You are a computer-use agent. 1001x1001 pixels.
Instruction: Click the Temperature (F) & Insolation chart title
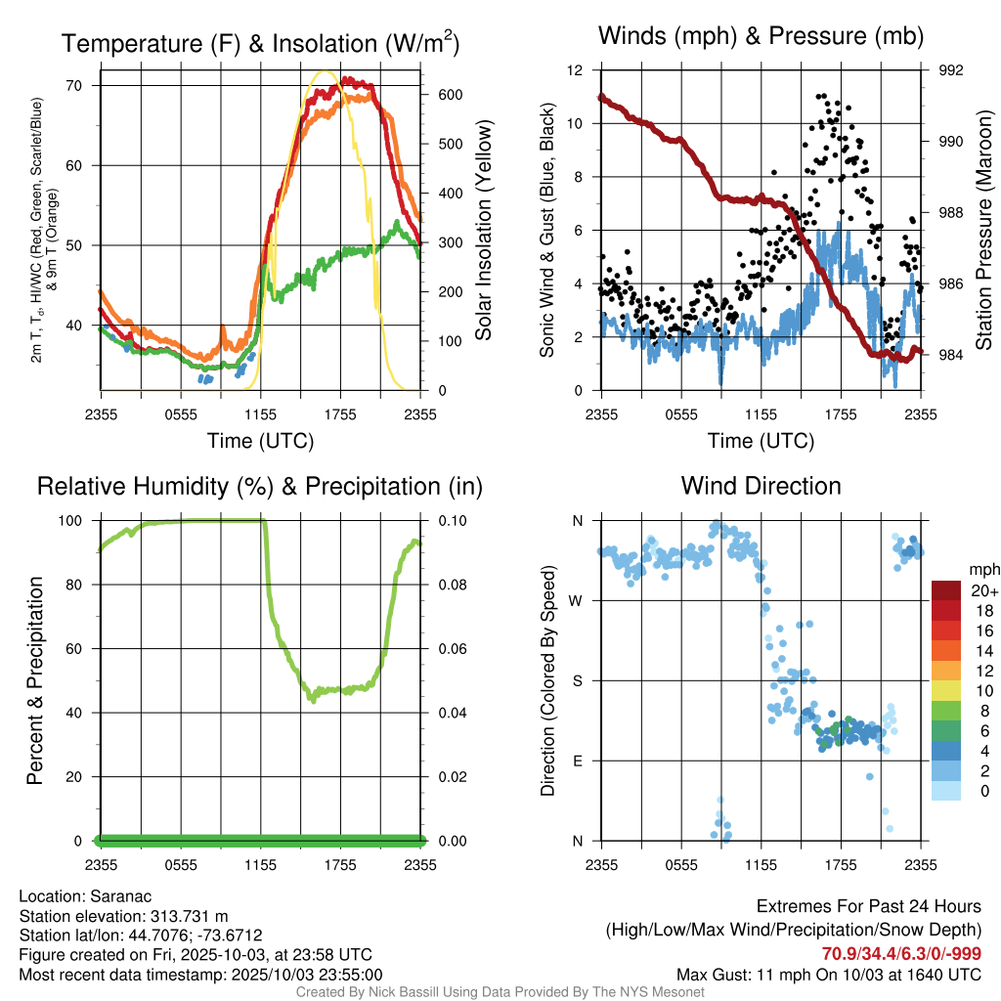260,43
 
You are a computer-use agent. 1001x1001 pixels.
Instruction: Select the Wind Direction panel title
761,486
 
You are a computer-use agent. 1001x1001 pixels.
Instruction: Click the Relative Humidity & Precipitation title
259,486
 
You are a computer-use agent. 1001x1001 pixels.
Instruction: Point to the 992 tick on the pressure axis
951,70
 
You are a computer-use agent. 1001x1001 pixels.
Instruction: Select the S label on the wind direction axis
578,680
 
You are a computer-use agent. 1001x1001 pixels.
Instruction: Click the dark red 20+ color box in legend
946,590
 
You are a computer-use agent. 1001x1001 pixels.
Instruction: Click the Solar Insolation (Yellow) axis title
483,231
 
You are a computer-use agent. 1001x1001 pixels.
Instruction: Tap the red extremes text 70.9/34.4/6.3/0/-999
901,954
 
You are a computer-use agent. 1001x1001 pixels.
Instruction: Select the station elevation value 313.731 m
189,916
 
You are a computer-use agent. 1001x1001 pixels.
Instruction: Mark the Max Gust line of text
829,975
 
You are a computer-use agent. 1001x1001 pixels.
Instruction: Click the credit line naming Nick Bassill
500,992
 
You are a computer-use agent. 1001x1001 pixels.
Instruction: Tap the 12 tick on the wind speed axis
577,70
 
